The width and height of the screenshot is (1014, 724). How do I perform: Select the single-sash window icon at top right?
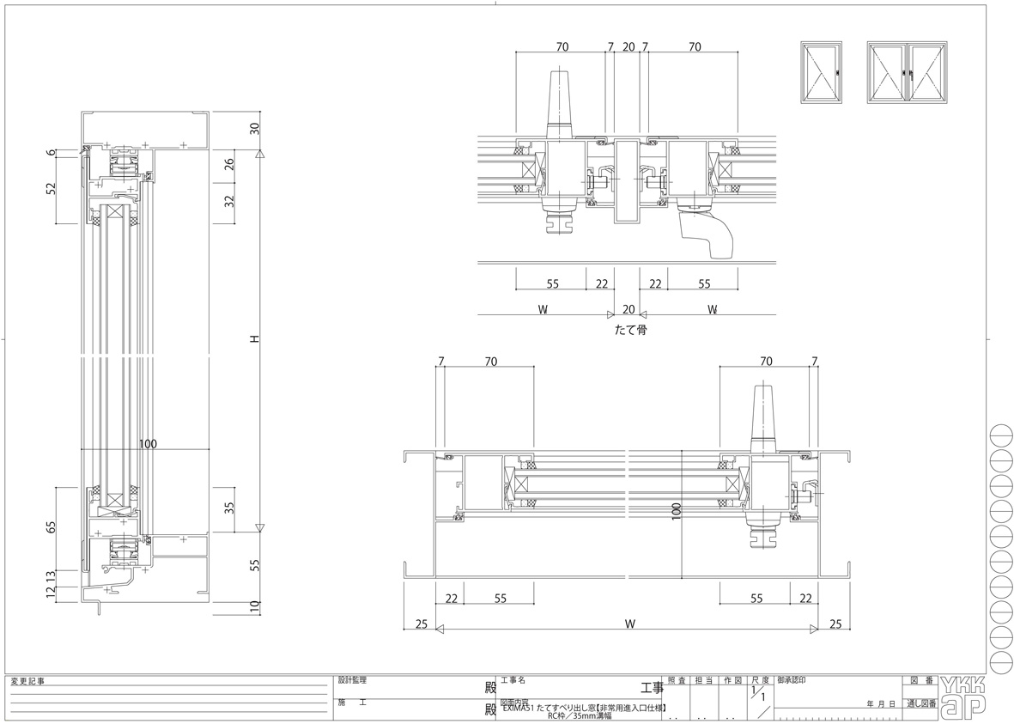[x=821, y=73]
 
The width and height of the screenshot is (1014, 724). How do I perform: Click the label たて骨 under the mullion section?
[x=629, y=329]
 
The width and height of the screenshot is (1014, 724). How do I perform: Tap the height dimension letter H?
[x=254, y=340]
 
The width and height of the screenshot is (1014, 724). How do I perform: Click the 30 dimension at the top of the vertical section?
[x=254, y=130]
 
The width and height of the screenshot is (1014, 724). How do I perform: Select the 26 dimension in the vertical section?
[x=229, y=165]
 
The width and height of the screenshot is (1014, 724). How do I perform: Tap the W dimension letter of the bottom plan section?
[x=629, y=624]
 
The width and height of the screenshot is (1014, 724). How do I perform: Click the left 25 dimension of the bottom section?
[x=421, y=624]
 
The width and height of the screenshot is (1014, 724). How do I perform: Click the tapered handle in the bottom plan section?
[x=763, y=417]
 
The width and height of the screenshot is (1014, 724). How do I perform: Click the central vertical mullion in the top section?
[x=628, y=180]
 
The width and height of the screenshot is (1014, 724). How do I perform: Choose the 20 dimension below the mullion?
[x=628, y=309]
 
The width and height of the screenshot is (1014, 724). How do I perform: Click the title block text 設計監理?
[x=353, y=680]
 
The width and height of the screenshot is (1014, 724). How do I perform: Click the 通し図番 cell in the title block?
[x=920, y=703]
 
